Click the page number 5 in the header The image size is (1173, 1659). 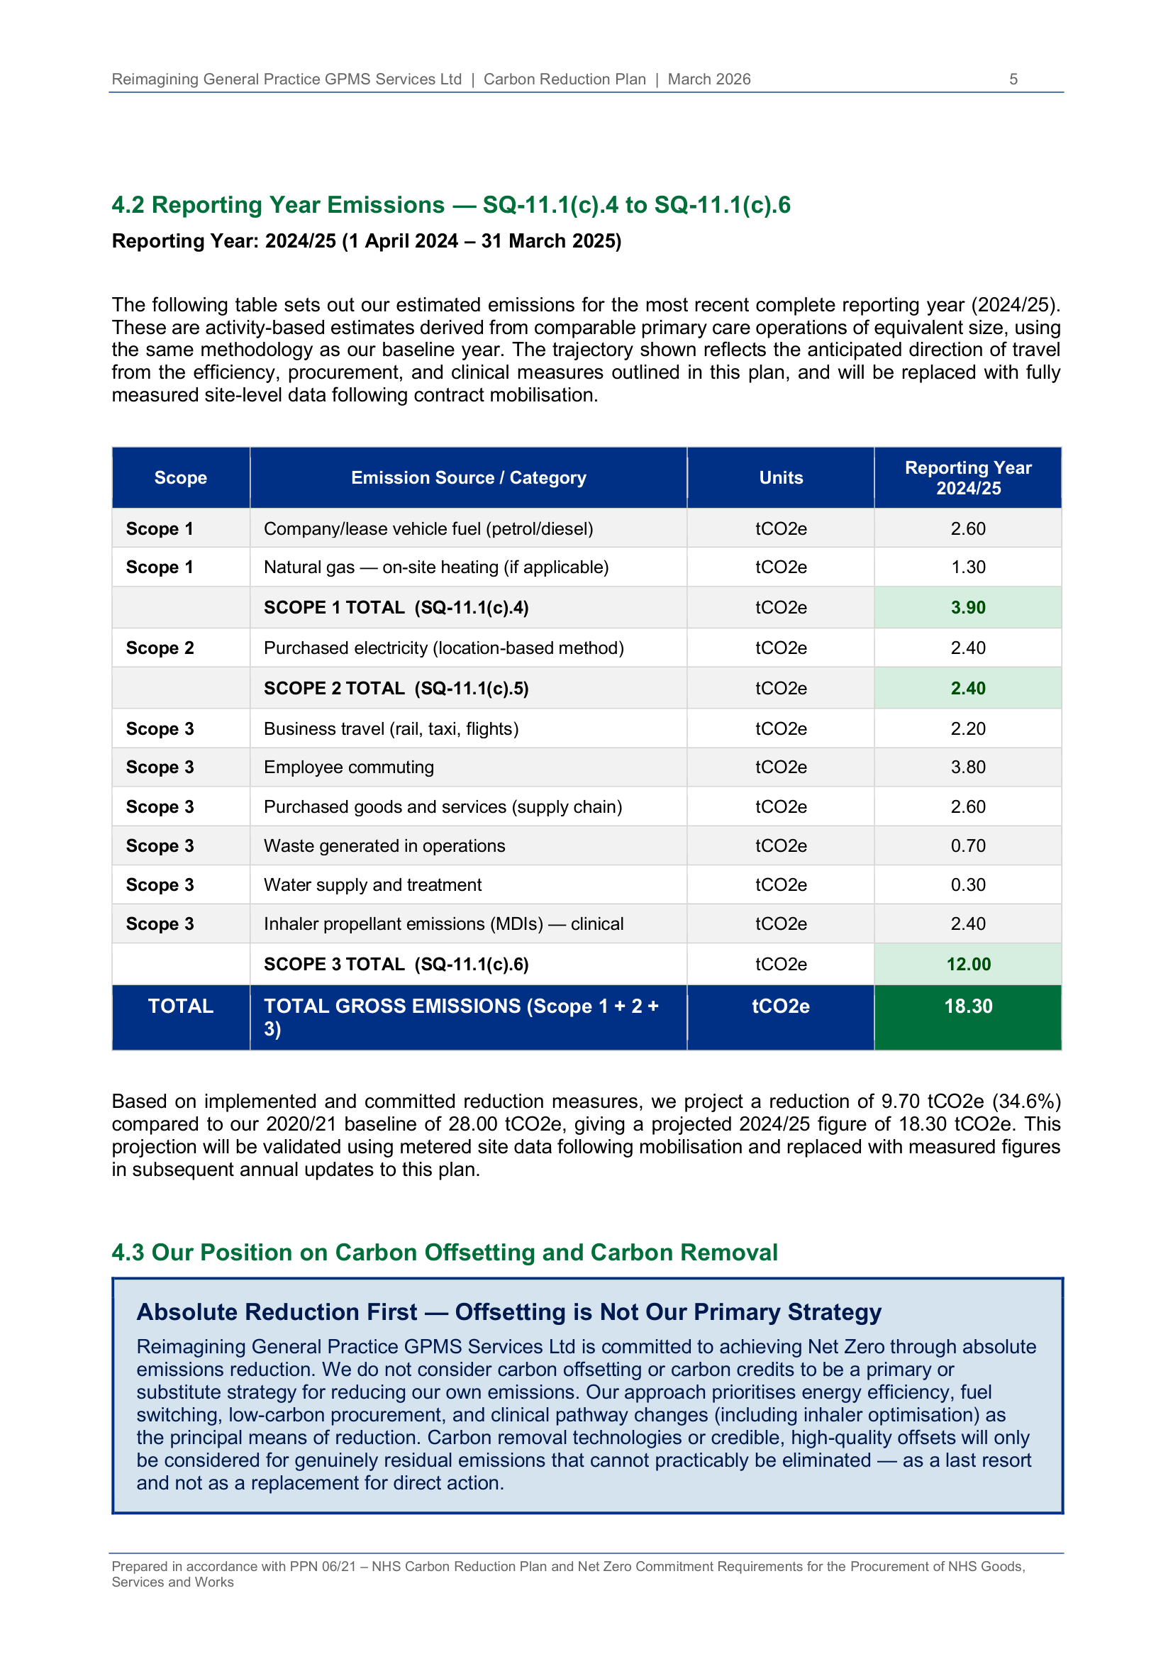tap(1013, 79)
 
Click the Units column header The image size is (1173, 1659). tap(780, 477)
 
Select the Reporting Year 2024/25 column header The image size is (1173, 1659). tap(967, 477)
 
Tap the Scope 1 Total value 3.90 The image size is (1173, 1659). tap(967, 608)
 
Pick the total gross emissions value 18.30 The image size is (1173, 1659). tap(967, 1006)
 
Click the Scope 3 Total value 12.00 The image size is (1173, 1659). tap(968, 964)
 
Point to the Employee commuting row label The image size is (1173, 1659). tap(348, 767)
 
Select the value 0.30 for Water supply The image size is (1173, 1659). tap(967, 885)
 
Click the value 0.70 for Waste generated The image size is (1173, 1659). tap(967, 846)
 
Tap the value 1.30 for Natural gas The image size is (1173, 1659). tap(967, 567)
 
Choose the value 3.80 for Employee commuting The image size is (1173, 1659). tap(967, 767)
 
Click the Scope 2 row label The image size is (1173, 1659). tap(160, 648)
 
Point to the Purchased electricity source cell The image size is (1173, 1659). tap(443, 648)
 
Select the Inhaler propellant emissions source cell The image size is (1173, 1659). tap(443, 924)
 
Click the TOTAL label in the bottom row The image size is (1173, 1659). tap(181, 1006)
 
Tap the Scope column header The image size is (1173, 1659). tap(181, 477)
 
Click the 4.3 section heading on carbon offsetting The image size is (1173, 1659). tap(444, 1252)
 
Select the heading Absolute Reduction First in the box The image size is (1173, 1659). tap(508, 1311)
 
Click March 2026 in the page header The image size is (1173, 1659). tap(708, 79)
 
